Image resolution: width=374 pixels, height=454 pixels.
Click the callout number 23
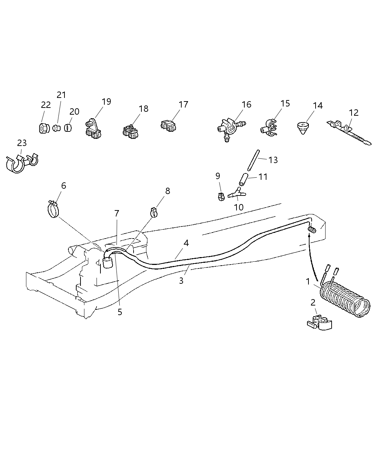tap(22, 143)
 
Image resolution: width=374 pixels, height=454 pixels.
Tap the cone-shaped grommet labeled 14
tap(303, 128)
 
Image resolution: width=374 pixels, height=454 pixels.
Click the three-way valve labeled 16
tap(229, 129)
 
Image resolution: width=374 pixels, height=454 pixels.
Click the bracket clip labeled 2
tap(320, 322)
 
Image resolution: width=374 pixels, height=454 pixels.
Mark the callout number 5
tap(120, 312)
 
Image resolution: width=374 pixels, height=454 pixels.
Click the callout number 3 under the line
tap(181, 281)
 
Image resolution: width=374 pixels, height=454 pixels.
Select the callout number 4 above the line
tap(186, 243)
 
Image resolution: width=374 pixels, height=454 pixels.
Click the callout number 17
tap(183, 104)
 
